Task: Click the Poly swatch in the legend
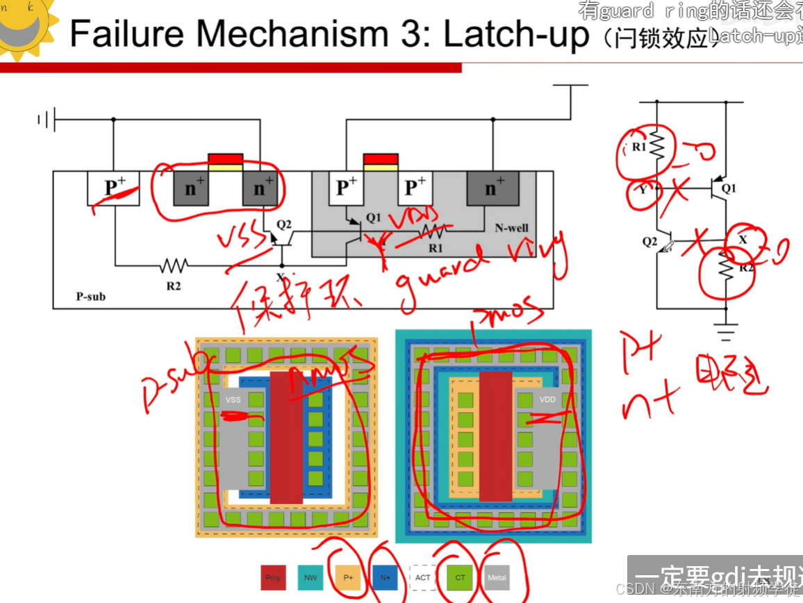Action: [273, 577]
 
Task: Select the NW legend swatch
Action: [311, 577]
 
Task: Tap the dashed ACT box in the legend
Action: [423, 577]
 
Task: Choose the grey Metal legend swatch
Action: [497, 577]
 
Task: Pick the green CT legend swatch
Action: [460, 577]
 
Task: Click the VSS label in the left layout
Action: [233, 400]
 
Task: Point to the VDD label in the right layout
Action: [547, 400]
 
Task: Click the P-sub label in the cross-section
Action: [91, 297]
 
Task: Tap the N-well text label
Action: [511, 228]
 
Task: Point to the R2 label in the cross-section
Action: [174, 284]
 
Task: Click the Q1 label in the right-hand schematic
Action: [729, 188]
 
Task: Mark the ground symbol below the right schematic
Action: [726, 333]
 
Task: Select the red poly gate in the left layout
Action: [286, 437]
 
